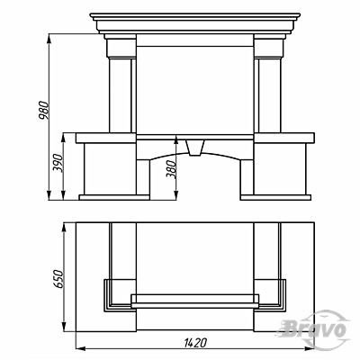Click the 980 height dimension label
pos(44,111)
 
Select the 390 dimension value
pos(58,163)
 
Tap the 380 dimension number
pos(172,169)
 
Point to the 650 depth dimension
pos(58,279)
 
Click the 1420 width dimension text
pos(194,342)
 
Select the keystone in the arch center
pos(195,148)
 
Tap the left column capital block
pos(121,48)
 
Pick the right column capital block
pos(268,48)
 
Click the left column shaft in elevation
pos(120,95)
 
